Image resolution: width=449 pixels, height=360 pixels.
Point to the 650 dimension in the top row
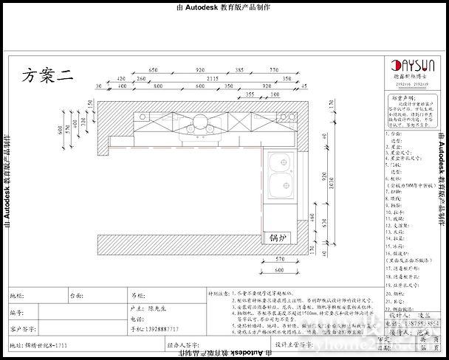tap(154, 69)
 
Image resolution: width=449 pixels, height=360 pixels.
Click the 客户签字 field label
tap(24, 328)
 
